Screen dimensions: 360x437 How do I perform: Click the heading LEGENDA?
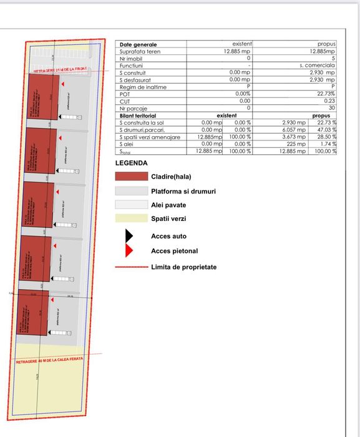(132, 163)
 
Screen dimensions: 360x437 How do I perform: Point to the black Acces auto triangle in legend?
(129, 236)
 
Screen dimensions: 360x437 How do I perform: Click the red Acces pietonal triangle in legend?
(129, 251)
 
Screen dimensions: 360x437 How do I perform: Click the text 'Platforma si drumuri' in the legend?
(183, 191)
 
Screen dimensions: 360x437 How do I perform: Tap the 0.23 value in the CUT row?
(330, 101)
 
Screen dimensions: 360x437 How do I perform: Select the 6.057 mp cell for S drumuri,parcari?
(294, 130)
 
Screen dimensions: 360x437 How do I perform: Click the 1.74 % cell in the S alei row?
(327, 144)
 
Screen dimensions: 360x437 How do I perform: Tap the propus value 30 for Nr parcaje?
(332, 107)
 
